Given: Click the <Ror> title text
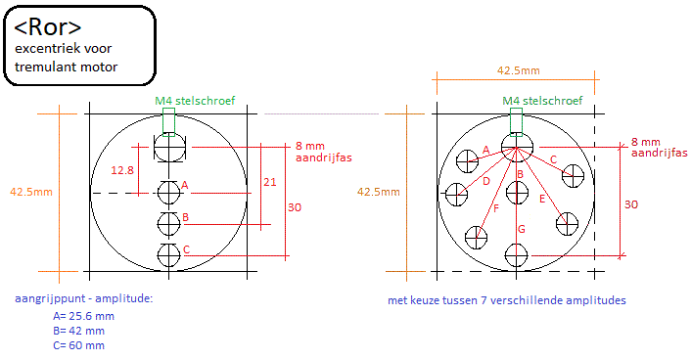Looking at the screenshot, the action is coord(48,27).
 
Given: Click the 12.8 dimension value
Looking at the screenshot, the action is coord(122,170).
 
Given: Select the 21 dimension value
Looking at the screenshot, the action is coord(270,182).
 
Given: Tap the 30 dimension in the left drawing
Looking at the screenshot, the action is coord(295,207).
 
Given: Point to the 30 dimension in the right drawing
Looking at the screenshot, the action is coord(631,204).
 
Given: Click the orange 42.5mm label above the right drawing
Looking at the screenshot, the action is coord(519,70).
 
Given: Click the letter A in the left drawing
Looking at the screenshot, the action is coord(185,185).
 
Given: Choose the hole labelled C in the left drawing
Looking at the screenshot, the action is coord(168,255).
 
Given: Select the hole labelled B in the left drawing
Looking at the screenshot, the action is coord(168,224).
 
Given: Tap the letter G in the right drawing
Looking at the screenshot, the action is coord(522,229).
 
